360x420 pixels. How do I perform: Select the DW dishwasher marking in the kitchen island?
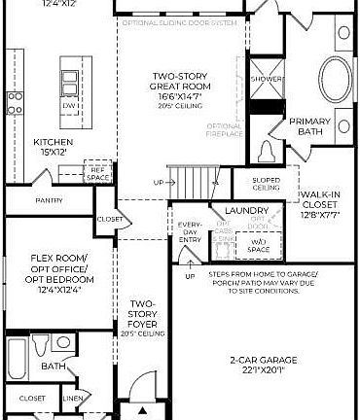[x=70, y=105]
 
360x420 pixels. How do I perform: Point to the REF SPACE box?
[x=97, y=172]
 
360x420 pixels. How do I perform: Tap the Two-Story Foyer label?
[x=143, y=316]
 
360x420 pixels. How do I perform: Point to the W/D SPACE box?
[x=259, y=245]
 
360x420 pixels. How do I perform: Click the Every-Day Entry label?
[x=190, y=231]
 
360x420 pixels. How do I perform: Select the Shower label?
[x=266, y=79]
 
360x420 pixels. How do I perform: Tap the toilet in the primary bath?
[x=268, y=151]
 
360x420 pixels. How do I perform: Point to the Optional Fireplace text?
[x=225, y=129]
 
